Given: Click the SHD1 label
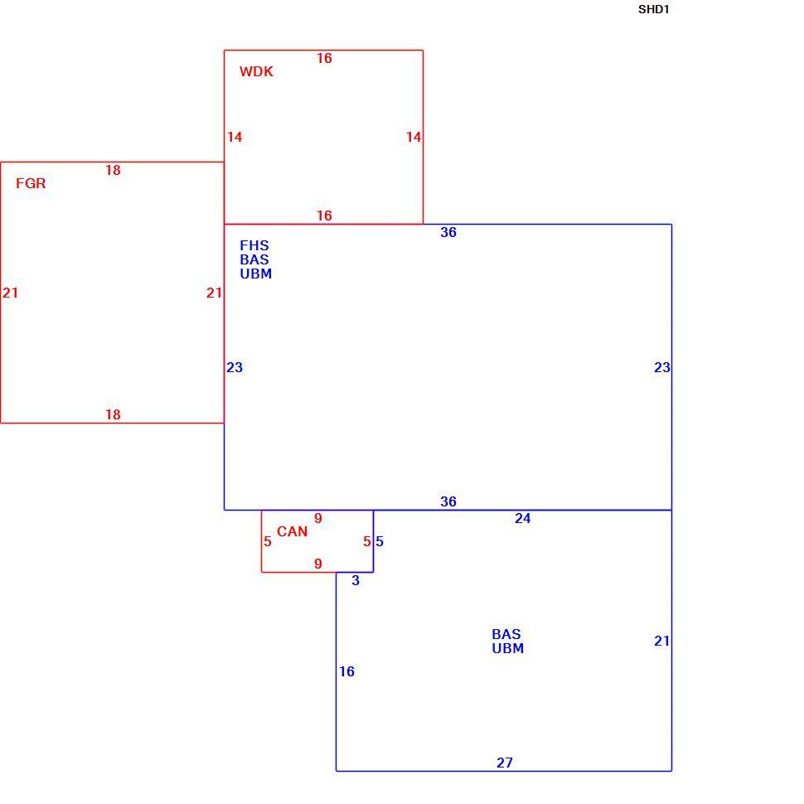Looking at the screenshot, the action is click(x=653, y=9).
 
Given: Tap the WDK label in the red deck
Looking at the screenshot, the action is click(x=256, y=71).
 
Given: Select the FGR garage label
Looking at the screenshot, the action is click(x=31, y=183).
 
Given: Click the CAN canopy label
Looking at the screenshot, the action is click(x=293, y=531).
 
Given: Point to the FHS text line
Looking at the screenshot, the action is click(x=254, y=245).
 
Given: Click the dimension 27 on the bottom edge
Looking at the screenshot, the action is click(x=505, y=763).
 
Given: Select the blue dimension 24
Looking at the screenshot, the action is click(x=522, y=518).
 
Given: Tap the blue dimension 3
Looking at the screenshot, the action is click(x=356, y=580).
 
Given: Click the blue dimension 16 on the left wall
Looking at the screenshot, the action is click(x=346, y=671).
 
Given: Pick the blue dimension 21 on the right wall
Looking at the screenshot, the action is click(x=661, y=641).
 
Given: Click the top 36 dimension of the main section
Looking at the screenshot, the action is click(x=448, y=232).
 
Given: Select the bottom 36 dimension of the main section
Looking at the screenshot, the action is click(x=448, y=501).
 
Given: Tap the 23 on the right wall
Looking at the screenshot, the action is click(x=662, y=367).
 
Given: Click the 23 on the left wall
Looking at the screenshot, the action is click(x=235, y=367).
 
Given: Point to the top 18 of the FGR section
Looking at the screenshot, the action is click(x=113, y=170).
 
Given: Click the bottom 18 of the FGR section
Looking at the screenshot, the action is click(x=113, y=414).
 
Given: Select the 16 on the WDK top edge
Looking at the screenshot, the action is click(x=324, y=58).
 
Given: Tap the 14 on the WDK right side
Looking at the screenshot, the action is click(x=414, y=137).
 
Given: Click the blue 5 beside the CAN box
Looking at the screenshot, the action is click(x=380, y=541).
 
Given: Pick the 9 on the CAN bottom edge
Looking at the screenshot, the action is click(x=318, y=564).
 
